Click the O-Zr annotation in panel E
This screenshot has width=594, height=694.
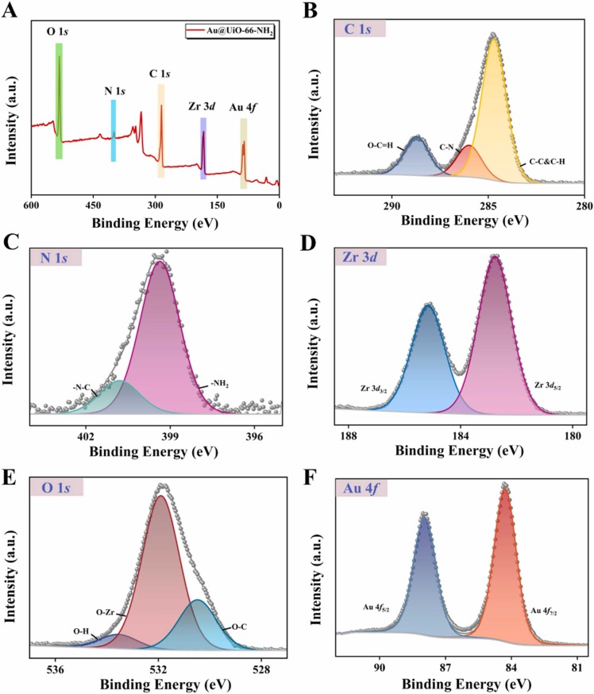coord(107,612)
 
